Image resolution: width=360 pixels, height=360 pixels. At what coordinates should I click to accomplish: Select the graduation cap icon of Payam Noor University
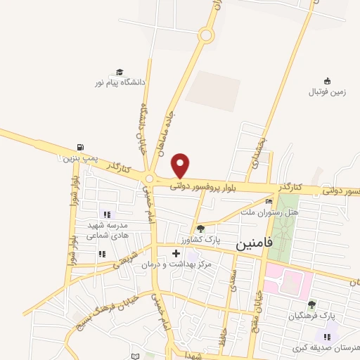pyautogui.click(x=120, y=72)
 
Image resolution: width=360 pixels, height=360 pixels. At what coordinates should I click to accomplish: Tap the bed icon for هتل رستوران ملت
pyautogui.click(x=269, y=202)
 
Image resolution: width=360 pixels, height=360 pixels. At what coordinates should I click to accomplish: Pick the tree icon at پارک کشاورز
pyautogui.click(x=200, y=228)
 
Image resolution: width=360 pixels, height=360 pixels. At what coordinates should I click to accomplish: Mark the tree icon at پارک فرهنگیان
pyautogui.click(x=311, y=304)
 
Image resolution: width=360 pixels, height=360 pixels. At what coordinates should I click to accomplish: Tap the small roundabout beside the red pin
pyautogui.click(x=150, y=179)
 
